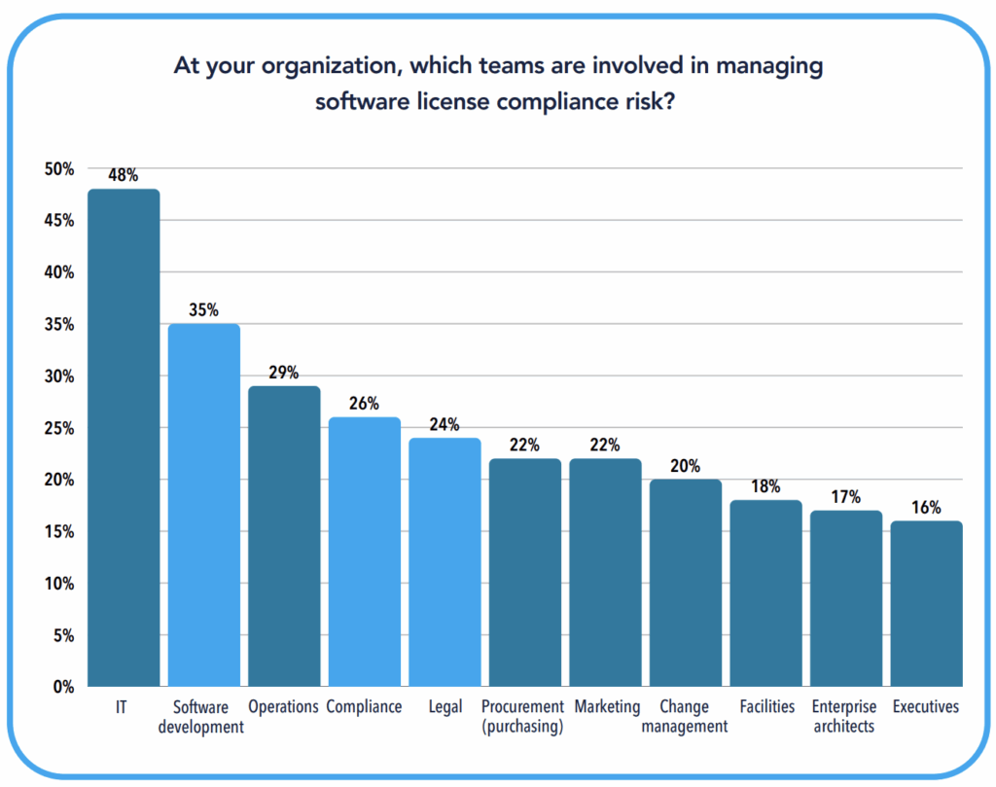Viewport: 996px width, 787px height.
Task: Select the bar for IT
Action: (124, 438)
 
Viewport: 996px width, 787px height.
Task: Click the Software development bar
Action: (204, 506)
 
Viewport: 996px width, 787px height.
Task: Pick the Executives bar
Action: (926, 603)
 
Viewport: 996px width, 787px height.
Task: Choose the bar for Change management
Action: (686, 584)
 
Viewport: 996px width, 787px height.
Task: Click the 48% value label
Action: (124, 176)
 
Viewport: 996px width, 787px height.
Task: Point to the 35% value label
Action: (204, 311)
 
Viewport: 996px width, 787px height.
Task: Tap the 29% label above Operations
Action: (284, 374)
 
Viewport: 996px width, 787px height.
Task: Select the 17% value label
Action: (846, 497)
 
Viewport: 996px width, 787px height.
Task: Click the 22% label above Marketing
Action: (605, 446)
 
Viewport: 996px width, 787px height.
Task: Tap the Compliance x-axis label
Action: (364, 707)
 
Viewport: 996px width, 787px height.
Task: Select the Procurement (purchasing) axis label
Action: (523, 716)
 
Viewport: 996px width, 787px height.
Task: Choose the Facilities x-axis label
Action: (766, 707)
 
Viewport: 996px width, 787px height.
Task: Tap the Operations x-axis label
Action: (283, 707)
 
